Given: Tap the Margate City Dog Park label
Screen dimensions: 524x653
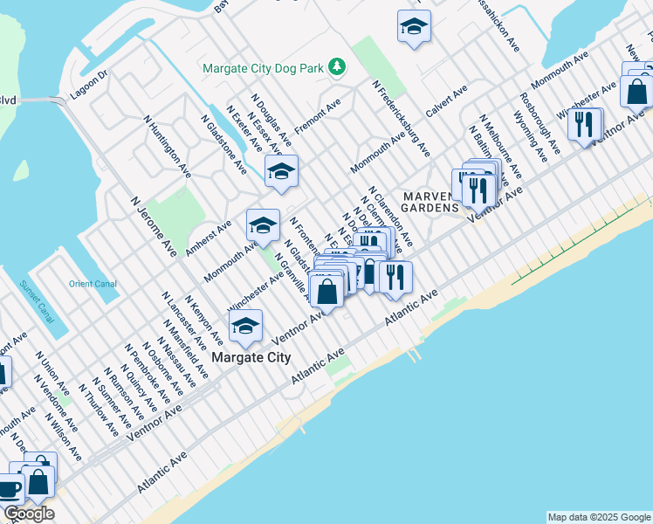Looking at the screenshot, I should point(264,67).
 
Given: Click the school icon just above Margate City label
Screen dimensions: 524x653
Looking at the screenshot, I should point(245,327).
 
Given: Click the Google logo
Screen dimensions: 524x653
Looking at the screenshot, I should point(29,514).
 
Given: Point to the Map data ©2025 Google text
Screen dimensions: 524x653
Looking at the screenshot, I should point(598,517).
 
